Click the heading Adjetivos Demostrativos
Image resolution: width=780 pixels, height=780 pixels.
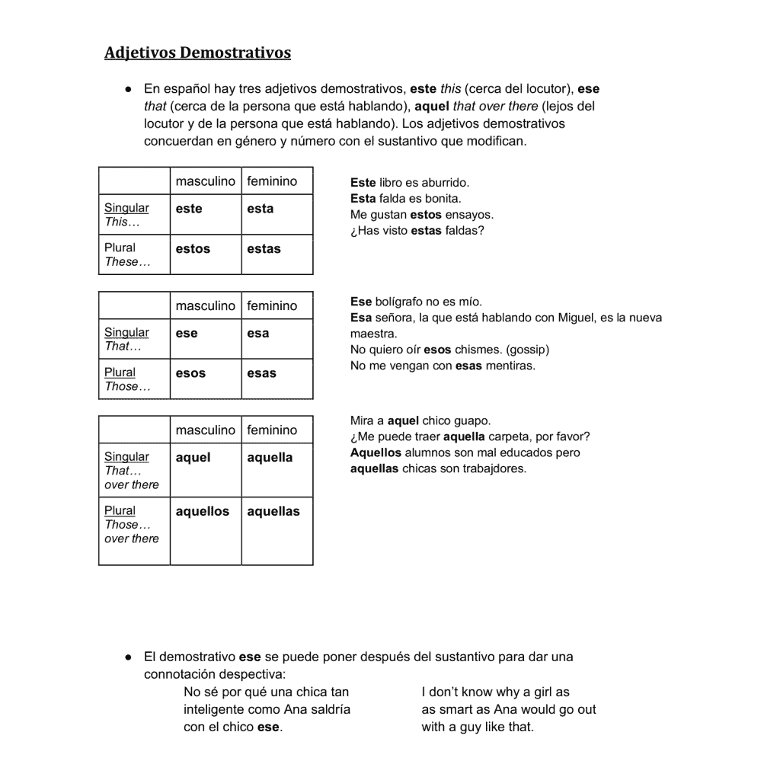pyautogui.click(x=197, y=53)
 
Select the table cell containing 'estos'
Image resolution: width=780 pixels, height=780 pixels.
pyautogui.click(x=205, y=254)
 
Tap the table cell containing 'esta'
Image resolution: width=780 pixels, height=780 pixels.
pyautogui.click(x=277, y=214)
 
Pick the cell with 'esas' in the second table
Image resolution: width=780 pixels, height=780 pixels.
pyautogui.click(x=277, y=379)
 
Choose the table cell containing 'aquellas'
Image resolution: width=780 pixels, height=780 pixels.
pyautogui.click(x=277, y=530)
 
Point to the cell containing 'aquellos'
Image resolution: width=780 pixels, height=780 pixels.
pyautogui.click(x=205, y=530)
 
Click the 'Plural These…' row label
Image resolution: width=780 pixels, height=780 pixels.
pyautogui.click(x=134, y=254)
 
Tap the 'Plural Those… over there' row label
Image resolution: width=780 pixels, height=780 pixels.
pyautogui.click(x=134, y=530)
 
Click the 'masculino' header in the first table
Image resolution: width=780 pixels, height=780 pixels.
pyautogui.click(x=205, y=181)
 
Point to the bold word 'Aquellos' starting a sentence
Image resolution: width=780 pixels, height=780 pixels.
pyautogui.click(x=376, y=452)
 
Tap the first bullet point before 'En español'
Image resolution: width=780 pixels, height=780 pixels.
pyautogui.click(x=129, y=89)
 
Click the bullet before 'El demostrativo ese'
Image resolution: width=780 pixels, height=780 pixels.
pyautogui.click(x=129, y=656)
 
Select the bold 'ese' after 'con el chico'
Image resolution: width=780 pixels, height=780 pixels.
pyautogui.click(x=268, y=727)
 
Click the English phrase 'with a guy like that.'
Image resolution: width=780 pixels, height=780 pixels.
pyautogui.click(x=478, y=727)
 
